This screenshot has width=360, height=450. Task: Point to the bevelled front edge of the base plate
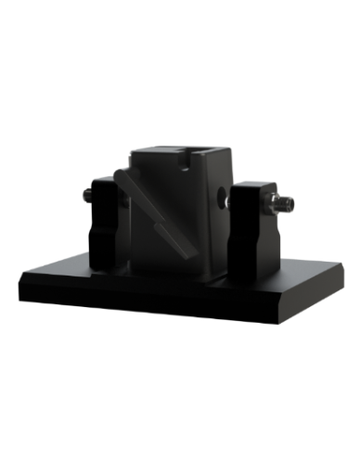point(148,302)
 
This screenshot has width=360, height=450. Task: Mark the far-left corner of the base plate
point(88,248)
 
